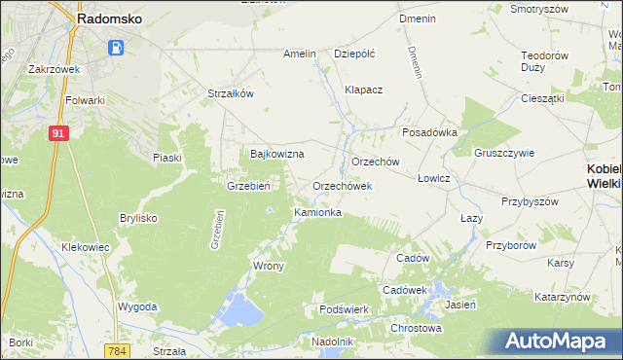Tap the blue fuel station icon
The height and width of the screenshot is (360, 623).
pos(117,46)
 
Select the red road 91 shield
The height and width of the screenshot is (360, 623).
pos(58,133)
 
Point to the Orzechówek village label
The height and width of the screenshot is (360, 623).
pos(342,185)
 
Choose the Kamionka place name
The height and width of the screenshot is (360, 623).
pos(317,211)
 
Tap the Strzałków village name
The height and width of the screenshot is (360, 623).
pos(231,93)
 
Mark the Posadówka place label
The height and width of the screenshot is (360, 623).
pos(429,133)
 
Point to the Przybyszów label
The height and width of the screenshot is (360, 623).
pos(530,201)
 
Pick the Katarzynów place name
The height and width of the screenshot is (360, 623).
pos(564,296)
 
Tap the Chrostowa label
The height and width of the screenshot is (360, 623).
pos(416,328)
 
